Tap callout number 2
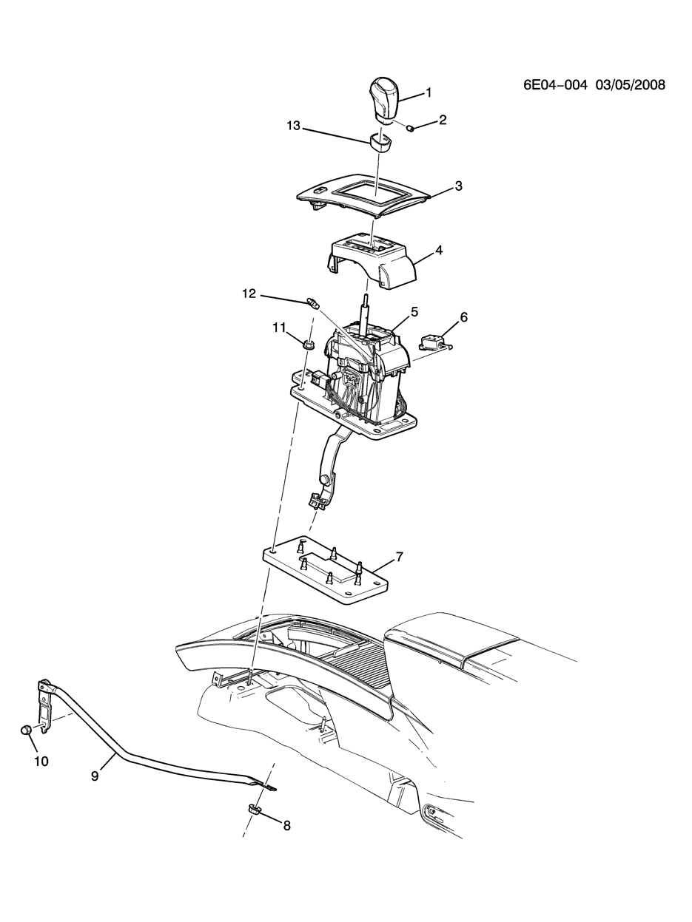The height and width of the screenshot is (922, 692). (x=442, y=120)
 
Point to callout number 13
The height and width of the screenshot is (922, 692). (x=293, y=126)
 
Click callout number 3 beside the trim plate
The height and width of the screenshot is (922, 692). (x=458, y=186)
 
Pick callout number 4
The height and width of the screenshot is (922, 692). (x=438, y=251)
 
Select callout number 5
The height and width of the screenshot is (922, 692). (x=414, y=312)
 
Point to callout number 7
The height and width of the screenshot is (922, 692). (x=399, y=557)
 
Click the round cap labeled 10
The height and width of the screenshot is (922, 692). (x=26, y=730)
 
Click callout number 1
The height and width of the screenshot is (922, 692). (x=429, y=92)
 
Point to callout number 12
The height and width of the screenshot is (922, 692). (x=249, y=294)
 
